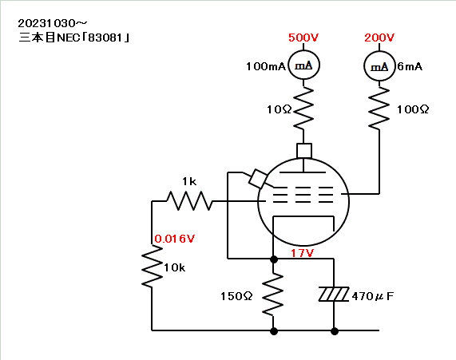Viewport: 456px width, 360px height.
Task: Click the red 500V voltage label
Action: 303,38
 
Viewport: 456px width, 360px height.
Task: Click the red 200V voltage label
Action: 379,38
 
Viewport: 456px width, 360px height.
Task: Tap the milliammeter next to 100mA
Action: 303,65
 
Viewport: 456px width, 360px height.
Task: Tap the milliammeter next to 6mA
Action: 379,66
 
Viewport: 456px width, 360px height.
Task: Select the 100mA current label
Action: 266,66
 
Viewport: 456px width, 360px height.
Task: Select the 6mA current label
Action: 410,66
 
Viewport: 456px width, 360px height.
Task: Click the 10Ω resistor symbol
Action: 303,108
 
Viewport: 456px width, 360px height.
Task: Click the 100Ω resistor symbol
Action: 379,108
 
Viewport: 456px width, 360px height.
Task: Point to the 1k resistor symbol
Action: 189,201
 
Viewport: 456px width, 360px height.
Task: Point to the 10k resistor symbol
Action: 152,267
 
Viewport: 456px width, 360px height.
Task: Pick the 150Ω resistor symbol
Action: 273,295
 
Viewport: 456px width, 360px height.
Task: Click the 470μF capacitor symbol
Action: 334,295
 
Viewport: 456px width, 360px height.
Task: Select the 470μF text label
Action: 372,296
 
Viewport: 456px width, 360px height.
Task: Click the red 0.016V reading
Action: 174,239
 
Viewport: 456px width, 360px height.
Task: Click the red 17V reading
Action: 303,253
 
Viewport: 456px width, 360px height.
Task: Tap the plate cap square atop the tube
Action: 304,151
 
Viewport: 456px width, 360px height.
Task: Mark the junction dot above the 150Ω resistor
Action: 274,259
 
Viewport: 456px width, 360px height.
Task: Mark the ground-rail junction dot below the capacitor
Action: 335,331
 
